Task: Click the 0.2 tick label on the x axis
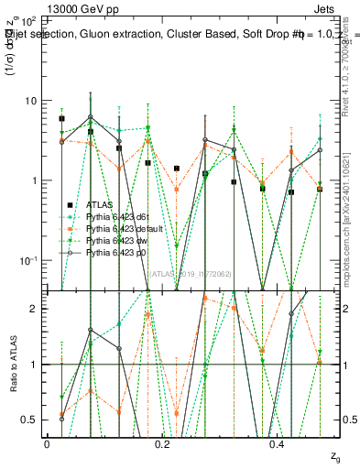(162, 444)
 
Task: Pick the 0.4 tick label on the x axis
(278, 444)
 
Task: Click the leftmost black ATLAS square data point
(61, 119)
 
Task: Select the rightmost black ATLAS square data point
(319, 189)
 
